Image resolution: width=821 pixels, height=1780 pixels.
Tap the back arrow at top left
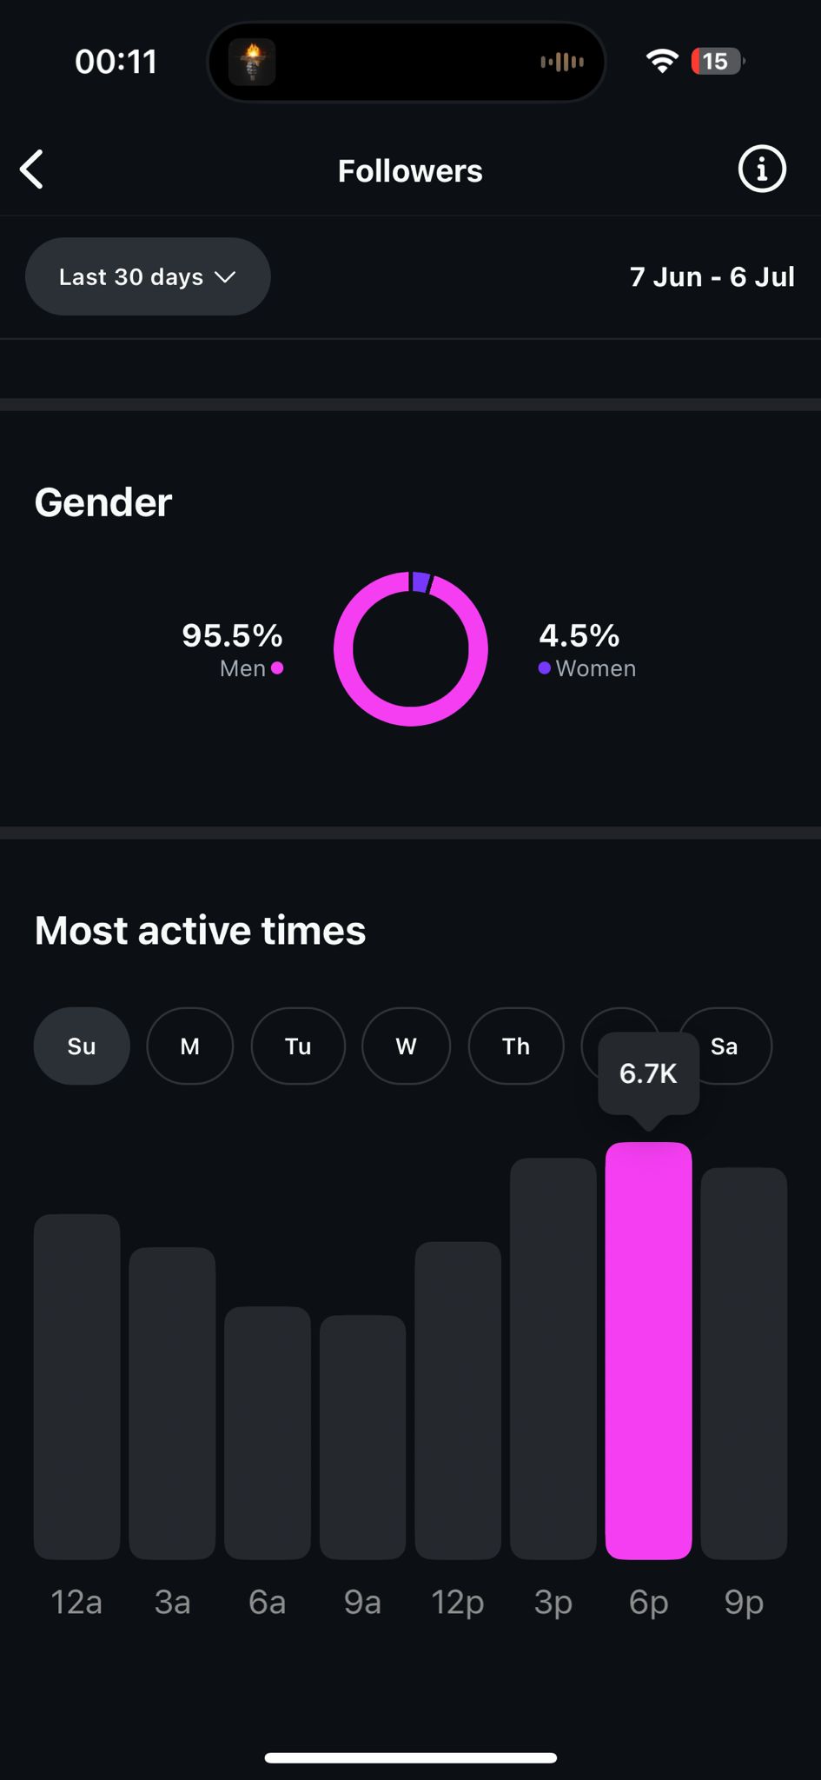point(32,169)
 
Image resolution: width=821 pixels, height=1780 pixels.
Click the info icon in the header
point(761,169)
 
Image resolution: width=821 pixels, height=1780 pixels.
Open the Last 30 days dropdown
point(148,276)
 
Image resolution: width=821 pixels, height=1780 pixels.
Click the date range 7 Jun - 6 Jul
point(712,276)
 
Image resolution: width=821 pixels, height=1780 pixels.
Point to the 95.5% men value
point(232,635)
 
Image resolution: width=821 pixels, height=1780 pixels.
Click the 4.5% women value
point(579,635)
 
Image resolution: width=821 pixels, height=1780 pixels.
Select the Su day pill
point(82,1046)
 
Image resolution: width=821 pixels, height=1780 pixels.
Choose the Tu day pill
point(298,1046)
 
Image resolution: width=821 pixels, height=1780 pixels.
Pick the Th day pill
point(516,1046)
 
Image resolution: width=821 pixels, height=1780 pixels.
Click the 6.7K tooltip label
point(648,1073)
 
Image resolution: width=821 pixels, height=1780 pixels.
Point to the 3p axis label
point(553,1601)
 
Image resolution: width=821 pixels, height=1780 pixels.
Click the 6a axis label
point(267,1601)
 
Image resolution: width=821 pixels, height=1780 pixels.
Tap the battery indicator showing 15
point(717,61)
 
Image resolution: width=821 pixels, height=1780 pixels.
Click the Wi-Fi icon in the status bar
point(662,61)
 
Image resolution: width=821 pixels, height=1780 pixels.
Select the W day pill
point(406,1046)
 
